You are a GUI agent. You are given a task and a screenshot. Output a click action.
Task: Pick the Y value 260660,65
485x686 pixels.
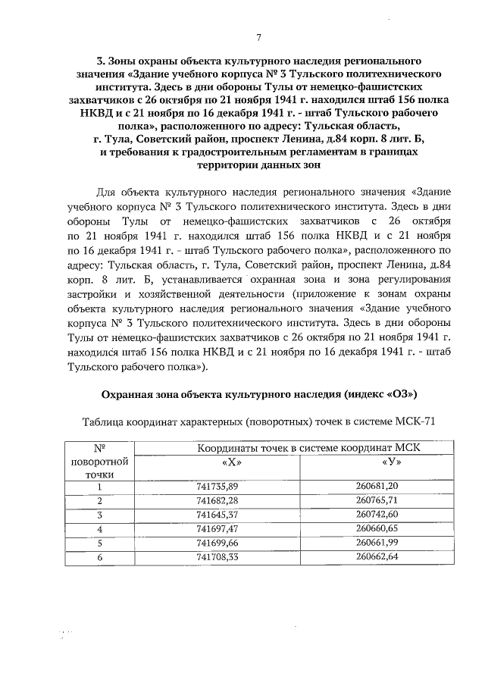[x=377, y=528]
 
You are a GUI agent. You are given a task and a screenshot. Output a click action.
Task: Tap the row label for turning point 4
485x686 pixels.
[x=99, y=528]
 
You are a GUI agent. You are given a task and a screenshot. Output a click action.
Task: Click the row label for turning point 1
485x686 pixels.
[x=99, y=487]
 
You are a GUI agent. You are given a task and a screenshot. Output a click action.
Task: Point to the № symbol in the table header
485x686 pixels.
[x=99, y=447]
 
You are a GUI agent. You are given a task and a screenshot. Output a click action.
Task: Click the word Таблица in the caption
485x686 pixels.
[x=102, y=421]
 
